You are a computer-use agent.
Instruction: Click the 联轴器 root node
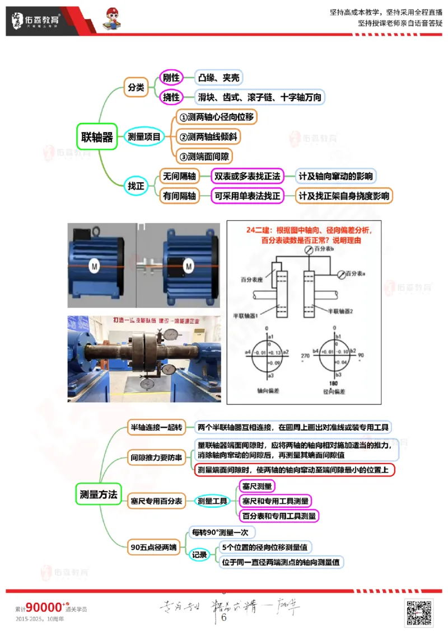[x=97, y=137]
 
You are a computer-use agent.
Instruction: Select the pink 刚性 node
[x=171, y=78]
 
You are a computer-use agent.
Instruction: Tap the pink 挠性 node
[x=171, y=97]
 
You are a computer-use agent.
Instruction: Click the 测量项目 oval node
[x=144, y=136]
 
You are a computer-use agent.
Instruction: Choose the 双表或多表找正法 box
[x=247, y=176]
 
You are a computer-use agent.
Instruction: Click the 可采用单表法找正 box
[x=247, y=196]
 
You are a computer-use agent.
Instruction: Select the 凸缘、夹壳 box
[x=219, y=78]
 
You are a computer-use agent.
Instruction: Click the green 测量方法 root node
[x=99, y=494]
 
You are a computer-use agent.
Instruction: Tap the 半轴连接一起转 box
[x=156, y=427]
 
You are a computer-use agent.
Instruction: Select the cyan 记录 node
[x=199, y=555]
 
